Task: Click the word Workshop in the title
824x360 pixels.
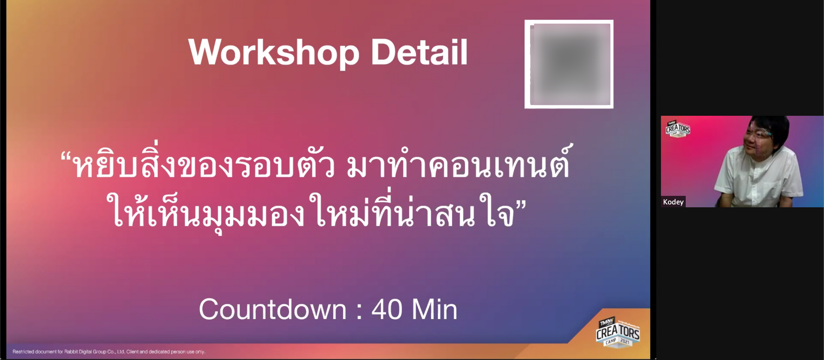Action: tap(274, 53)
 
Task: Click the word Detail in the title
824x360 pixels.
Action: tap(419, 52)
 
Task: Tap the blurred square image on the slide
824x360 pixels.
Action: tap(569, 64)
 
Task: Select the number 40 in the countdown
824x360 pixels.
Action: tap(387, 309)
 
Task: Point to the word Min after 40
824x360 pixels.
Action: tap(435, 309)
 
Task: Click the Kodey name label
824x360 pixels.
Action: tap(673, 202)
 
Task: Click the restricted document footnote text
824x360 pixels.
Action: tap(109, 352)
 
